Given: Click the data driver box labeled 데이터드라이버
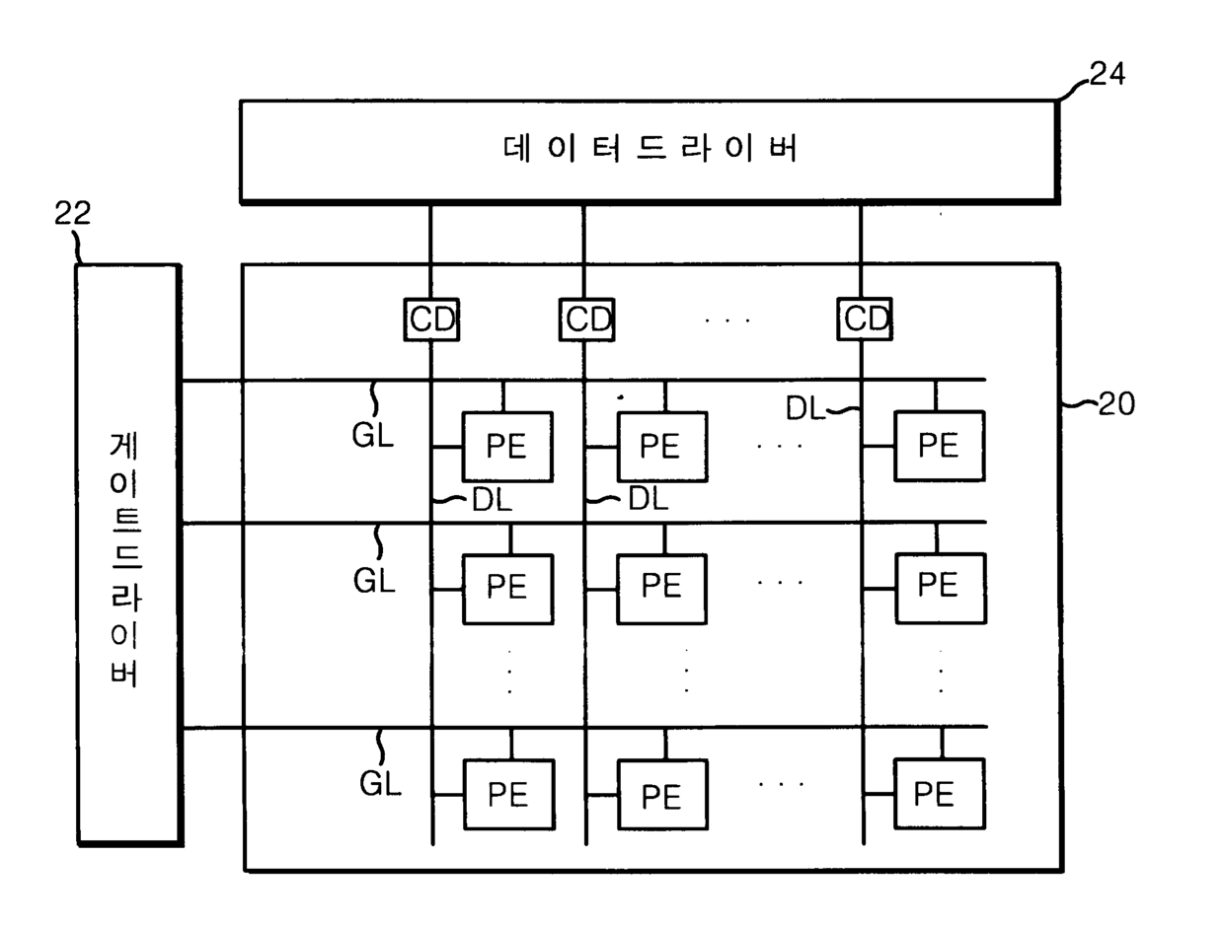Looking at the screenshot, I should (650, 151).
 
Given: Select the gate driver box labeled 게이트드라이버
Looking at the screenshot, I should (128, 553).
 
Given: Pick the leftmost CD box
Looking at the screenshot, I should (431, 319).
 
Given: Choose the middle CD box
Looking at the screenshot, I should (585, 319).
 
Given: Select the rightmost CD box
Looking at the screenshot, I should (865, 319).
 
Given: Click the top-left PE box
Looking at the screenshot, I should (507, 446).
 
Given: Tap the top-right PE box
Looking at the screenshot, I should (939, 446).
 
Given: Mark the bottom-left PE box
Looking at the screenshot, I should (507, 794).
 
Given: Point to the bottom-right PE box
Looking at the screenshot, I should (939, 793).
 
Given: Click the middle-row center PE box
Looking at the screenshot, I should (661, 588).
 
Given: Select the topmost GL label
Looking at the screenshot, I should (373, 436).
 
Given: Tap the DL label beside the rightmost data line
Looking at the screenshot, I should (805, 407).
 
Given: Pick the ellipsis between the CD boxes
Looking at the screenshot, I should (728, 320).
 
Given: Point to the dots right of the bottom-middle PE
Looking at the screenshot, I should (781, 785).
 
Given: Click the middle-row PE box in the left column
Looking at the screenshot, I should (507, 588).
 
